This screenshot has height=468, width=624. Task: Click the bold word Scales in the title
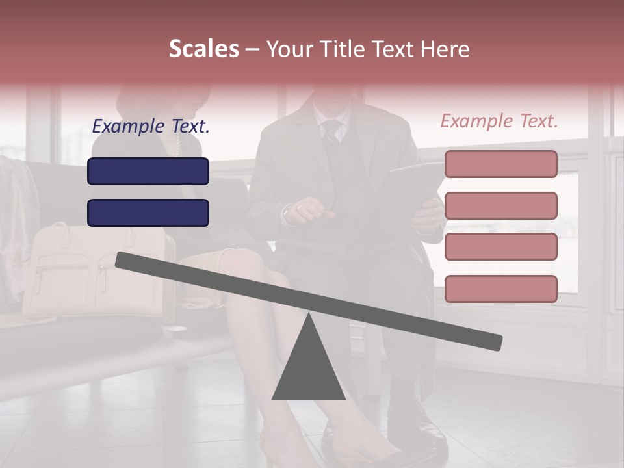point(204,49)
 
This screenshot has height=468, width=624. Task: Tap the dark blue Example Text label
point(151,126)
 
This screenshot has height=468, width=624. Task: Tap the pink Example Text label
point(499,121)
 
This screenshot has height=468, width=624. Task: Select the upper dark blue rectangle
point(148,172)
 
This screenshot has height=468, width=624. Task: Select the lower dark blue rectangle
point(148,213)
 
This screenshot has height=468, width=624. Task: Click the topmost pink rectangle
point(500,164)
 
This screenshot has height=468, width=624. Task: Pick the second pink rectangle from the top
point(500,205)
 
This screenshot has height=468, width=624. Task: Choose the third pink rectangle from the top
point(500,246)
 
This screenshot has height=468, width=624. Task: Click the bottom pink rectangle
point(500,289)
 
